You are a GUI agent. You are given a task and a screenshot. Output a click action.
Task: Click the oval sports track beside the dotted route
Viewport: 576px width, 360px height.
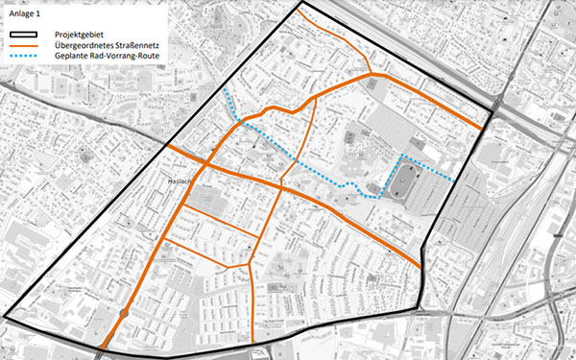(402, 180)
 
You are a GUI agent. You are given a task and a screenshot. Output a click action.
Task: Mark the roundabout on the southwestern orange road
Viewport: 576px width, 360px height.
(124, 314)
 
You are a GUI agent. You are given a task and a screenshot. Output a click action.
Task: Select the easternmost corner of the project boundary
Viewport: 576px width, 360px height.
(490, 114)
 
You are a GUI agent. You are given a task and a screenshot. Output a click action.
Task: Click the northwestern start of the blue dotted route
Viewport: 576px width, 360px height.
(223, 89)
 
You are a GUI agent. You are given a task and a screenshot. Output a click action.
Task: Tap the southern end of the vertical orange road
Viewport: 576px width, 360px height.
(252, 342)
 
